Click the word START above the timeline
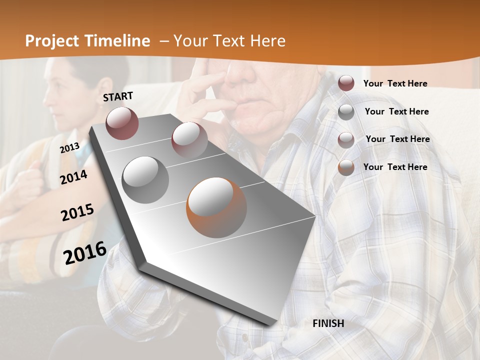click(x=118, y=96)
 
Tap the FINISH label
click(x=328, y=323)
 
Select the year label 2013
click(x=69, y=147)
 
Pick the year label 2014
click(x=73, y=177)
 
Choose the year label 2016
click(x=85, y=252)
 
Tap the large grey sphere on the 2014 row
click(x=145, y=179)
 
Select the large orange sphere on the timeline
click(x=216, y=207)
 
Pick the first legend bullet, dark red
click(x=346, y=83)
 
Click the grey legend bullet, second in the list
click(x=346, y=112)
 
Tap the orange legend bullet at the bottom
click(x=346, y=167)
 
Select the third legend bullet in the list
click(x=346, y=140)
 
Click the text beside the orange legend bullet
click(x=395, y=167)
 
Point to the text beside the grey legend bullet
click(x=396, y=111)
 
